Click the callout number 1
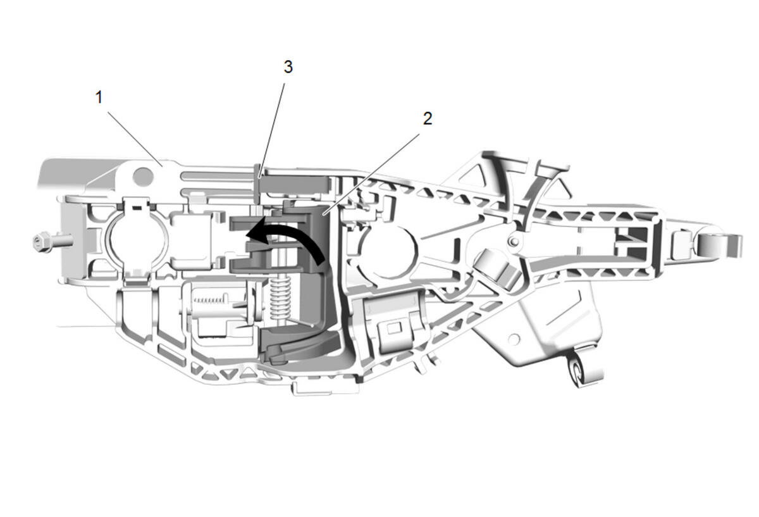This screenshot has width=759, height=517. [99, 97]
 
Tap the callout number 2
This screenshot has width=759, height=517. [428, 119]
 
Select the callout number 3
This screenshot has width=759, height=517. [288, 67]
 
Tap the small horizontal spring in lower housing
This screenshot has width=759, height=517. [209, 300]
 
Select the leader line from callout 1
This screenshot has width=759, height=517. [135, 139]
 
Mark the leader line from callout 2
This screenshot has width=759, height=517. [372, 173]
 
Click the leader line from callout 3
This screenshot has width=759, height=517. [271, 130]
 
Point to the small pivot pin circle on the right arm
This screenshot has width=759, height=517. [514, 241]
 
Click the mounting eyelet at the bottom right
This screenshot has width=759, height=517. [577, 371]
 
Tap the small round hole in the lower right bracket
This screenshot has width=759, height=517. [514, 338]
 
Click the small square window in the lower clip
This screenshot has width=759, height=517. [393, 328]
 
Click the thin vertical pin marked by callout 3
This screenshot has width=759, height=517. [257, 188]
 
